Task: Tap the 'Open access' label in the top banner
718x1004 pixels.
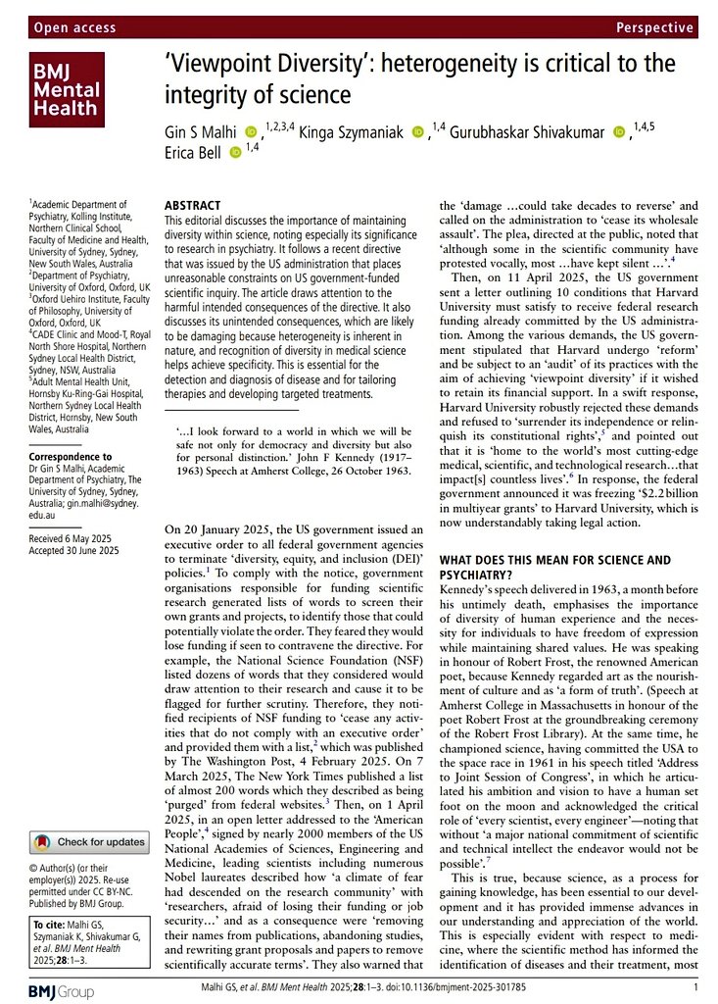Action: click(72, 28)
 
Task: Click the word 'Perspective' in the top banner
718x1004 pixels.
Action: click(655, 28)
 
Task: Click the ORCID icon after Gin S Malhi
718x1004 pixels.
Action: click(251, 130)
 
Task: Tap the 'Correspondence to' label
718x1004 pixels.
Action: click(72, 457)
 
